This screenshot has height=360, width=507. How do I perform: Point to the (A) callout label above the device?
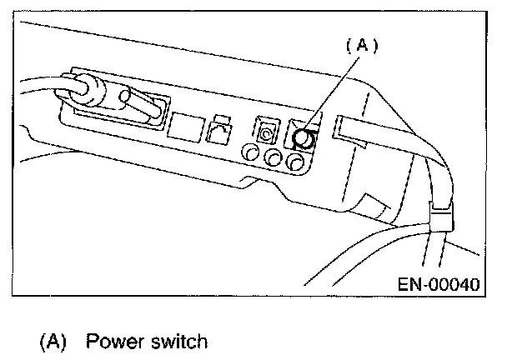point(361,47)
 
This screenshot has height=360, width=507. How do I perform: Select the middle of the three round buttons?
point(272,157)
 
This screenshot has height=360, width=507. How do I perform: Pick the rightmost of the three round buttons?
point(293,162)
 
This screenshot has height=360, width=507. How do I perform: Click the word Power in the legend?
point(113,342)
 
